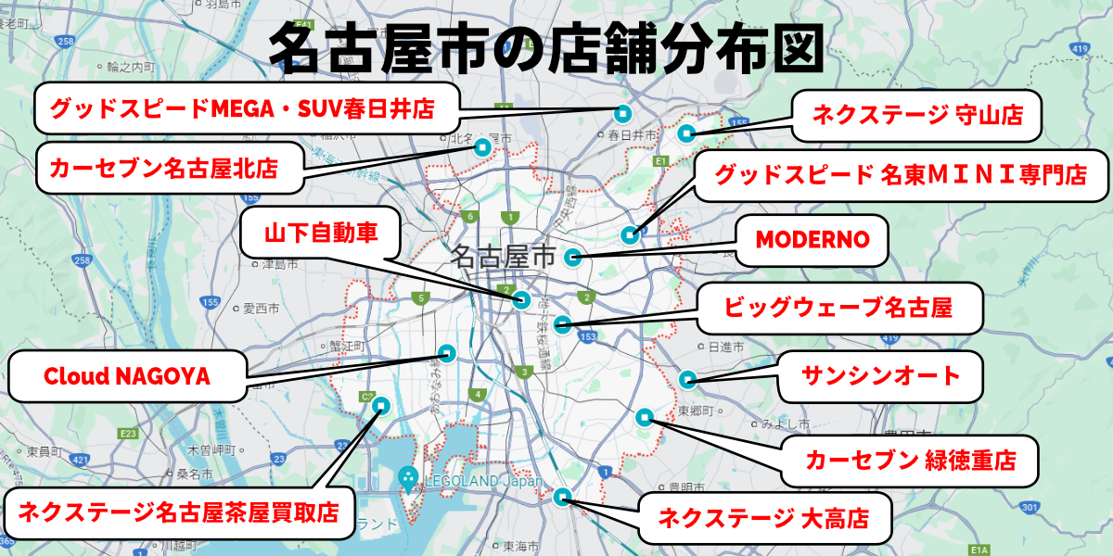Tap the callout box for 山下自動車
pyautogui.click(x=321, y=233)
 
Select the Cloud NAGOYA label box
pyautogui.click(x=127, y=377)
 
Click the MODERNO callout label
pyautogui.click(x=812, y=240)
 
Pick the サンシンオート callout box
pyautogui.click(x=879, y=376)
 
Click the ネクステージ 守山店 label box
pyautogui.click(x=916, y=115)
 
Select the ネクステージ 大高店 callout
pyautogui.click(x=763, y=519)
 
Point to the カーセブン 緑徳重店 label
pyautogui.click(x=909, y=460)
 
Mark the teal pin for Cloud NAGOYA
pyautogui.click(x=446, y=352)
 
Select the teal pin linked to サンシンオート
pyautogui.click(x=687, y=378)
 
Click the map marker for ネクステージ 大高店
pyautogui.click(x=561, y=497)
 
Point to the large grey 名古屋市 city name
pyautogui.click(x=502, y=257)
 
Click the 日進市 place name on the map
pyautogui.click(x=726, y=347)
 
